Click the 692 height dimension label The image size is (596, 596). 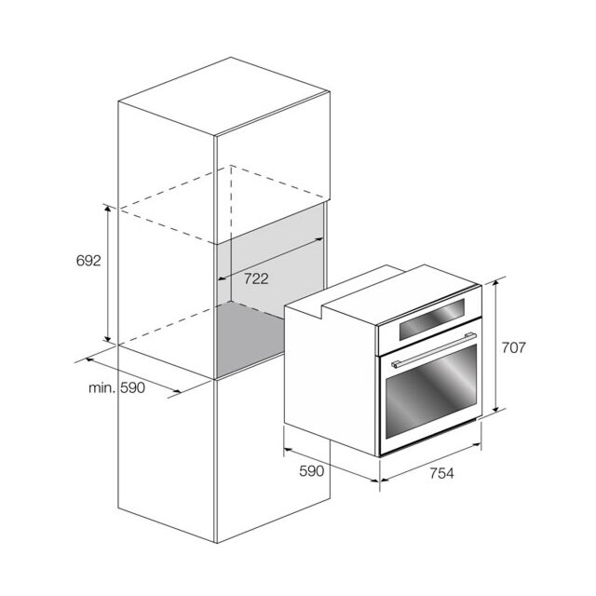88,261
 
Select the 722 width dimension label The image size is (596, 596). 256,279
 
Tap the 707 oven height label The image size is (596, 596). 513,347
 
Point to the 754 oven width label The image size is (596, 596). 441,473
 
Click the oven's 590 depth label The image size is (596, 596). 312,471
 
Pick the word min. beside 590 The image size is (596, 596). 102,388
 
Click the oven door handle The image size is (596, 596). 434,350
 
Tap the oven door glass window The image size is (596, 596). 431,391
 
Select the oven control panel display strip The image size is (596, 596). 432,318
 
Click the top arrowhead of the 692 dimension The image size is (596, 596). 108,208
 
